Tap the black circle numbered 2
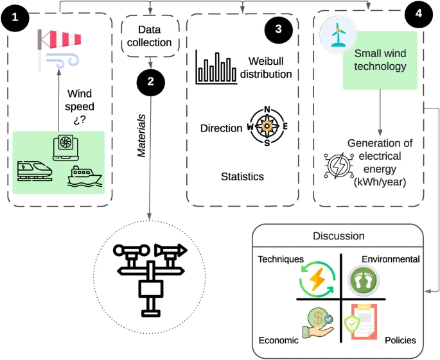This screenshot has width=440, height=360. (x=150, y=82)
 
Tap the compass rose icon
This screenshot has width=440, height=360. (x=267, y=125)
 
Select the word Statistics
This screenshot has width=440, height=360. (x=242, y=176)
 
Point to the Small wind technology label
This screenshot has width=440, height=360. (x=379, y=60)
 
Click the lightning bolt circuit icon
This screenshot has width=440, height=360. (x=336, y=166)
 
